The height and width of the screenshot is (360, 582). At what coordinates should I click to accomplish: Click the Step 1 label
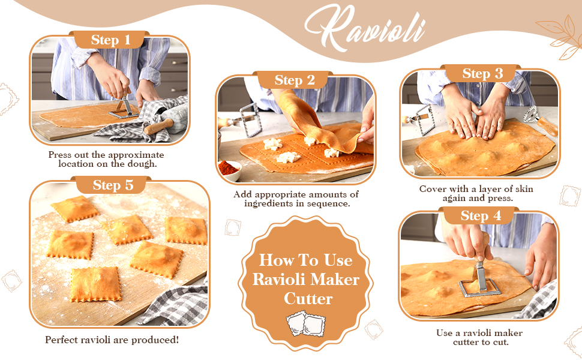coord(110,40)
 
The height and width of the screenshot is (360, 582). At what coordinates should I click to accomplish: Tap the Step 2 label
coord(295,80)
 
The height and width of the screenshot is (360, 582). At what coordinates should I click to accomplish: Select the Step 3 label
coord(482,74)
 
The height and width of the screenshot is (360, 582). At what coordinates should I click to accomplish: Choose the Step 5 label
coord(113,185)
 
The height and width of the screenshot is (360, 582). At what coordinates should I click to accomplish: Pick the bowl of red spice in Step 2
coord(229,169)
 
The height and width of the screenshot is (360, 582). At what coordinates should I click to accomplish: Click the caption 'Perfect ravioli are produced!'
coord(112,340)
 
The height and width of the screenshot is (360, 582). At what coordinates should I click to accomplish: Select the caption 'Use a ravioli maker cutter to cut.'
coord(479,337)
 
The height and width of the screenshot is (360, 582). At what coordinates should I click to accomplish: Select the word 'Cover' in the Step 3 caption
coord(433,189)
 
